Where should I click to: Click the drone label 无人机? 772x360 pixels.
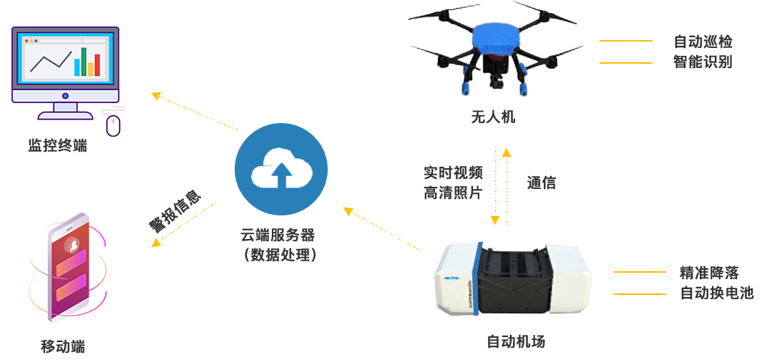point(492,117)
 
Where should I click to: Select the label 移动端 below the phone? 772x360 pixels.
point(63,346)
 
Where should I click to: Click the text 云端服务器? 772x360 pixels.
point(277,235)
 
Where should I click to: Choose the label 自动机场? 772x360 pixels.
point(515,341)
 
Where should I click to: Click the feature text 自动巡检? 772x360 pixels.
point(703,42)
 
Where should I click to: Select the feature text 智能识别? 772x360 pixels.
point(703,62)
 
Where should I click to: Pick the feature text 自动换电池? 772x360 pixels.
point(716,293)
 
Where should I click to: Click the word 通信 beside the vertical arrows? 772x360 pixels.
point(541,183)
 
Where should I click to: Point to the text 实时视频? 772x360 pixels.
point(452,172)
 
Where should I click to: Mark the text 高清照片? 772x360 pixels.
point(452,192)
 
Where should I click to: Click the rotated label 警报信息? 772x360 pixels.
point(172,212)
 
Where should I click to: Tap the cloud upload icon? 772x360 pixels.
point(280,168)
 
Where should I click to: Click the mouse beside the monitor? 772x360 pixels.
point(112,125)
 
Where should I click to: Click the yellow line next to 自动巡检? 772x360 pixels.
point(625,41)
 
